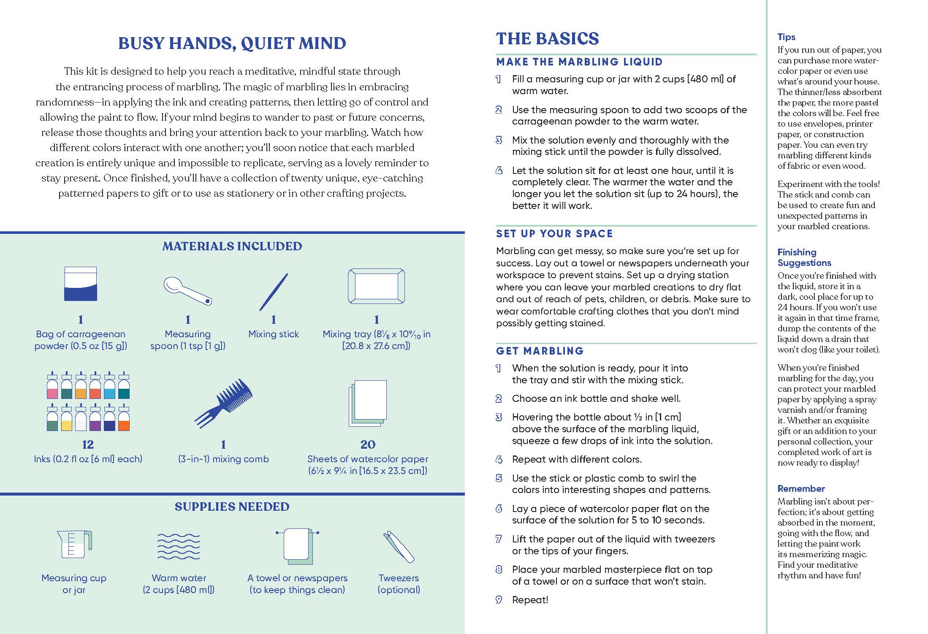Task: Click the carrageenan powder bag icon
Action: (x=81, y=284)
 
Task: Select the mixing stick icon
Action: (x=274, y=292)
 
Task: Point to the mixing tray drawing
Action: (x=376, y=287)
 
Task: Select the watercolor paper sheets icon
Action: (x=368, y=404)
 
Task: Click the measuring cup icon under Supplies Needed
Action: (x=74, y=545)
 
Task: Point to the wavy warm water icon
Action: (x=179, y=547)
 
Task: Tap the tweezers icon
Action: (x=399, y=547)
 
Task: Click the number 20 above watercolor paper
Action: (x=368, y=444)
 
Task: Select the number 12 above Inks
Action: (x=88, y=444)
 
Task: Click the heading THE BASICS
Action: (x=547, y=39)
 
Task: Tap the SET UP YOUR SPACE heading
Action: (x=554, y=234)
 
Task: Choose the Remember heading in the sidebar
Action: (x=801, y=489)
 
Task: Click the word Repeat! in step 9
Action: (x=530, y=600)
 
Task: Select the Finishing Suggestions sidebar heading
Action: (x=804, y=257)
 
